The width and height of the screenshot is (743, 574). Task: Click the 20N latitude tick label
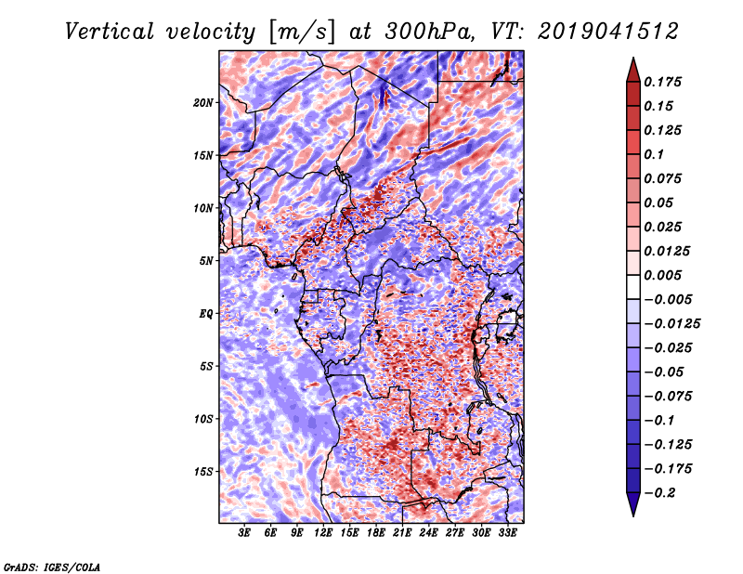[203, 103]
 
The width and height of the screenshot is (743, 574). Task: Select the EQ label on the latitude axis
[206, 314]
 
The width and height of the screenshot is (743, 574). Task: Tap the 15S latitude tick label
[203, 472]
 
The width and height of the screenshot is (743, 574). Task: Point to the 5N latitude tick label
[206, 261]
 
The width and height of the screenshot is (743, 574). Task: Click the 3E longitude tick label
[244, 533]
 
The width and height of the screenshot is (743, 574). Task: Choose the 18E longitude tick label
[376, 533]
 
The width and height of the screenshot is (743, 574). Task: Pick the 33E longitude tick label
[507, 533]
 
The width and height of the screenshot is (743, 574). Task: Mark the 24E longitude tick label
[428, 533]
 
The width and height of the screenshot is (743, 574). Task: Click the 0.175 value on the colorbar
[662, 82]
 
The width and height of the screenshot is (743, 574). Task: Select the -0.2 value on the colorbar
[659, 493]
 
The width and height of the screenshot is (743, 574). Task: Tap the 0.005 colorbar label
[662, 275]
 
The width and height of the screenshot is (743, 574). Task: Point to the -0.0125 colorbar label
[671, 324]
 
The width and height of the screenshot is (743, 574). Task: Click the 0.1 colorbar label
[654, 154]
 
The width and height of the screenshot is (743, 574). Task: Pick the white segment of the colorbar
[633, 287]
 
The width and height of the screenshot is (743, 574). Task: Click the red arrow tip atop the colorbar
[633, 59]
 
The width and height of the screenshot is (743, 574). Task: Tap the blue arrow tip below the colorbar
[633, 515]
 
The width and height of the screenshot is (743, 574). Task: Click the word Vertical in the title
[110, 32]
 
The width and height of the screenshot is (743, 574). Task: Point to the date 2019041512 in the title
[608, 32]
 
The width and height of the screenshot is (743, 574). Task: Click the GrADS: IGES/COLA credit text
[52, 567]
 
